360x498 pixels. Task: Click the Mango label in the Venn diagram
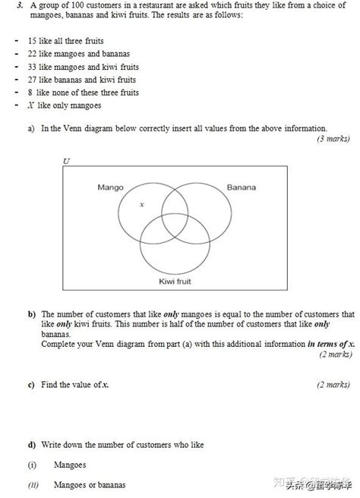(x=111, y=187)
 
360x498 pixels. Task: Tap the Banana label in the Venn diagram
(x=241, y=187)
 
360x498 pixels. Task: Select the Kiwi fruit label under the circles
(x=175, y=281)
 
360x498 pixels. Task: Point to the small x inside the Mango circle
(x=141, y=205)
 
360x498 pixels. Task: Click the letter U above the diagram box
(x=66, y=161)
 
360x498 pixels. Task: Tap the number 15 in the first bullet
(x=32, y=40)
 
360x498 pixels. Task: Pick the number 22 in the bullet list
(x=32, y=53)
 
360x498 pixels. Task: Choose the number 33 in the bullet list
(x=32, y=66)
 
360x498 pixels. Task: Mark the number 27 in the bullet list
(x=32, y=79)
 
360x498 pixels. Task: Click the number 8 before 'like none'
(x=30, y=92)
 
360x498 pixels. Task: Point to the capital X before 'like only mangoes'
(x=30, y=105)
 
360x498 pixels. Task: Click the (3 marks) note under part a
(x=334, y=139)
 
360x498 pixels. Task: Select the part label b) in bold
(x=32, y=314)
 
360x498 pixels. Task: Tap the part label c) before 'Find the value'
(x=32, y=385)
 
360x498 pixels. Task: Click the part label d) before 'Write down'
(x=32, y=444)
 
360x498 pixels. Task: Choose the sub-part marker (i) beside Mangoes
(x=32, y=465)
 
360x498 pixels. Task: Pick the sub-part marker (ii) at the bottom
(x=33, y=484)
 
